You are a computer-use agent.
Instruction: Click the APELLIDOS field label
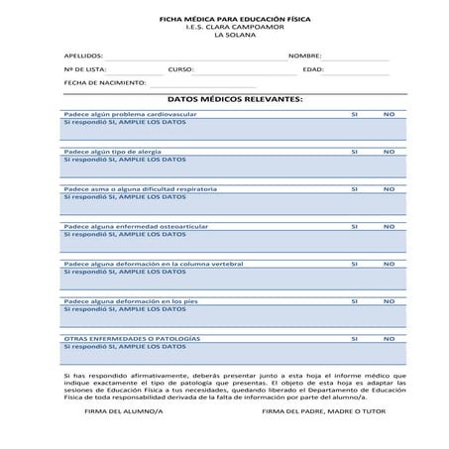(83, 56)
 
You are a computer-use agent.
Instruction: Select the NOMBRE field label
(305, 56)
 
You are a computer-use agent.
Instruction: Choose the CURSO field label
(180, 70)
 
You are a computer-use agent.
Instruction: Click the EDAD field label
(313, 70)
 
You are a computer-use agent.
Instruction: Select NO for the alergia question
(389, 152)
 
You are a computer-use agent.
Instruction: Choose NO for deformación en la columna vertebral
(389, 264)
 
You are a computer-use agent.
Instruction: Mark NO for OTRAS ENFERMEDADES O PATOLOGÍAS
(389, 339)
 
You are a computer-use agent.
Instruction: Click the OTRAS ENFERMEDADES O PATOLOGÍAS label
(131, 339)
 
